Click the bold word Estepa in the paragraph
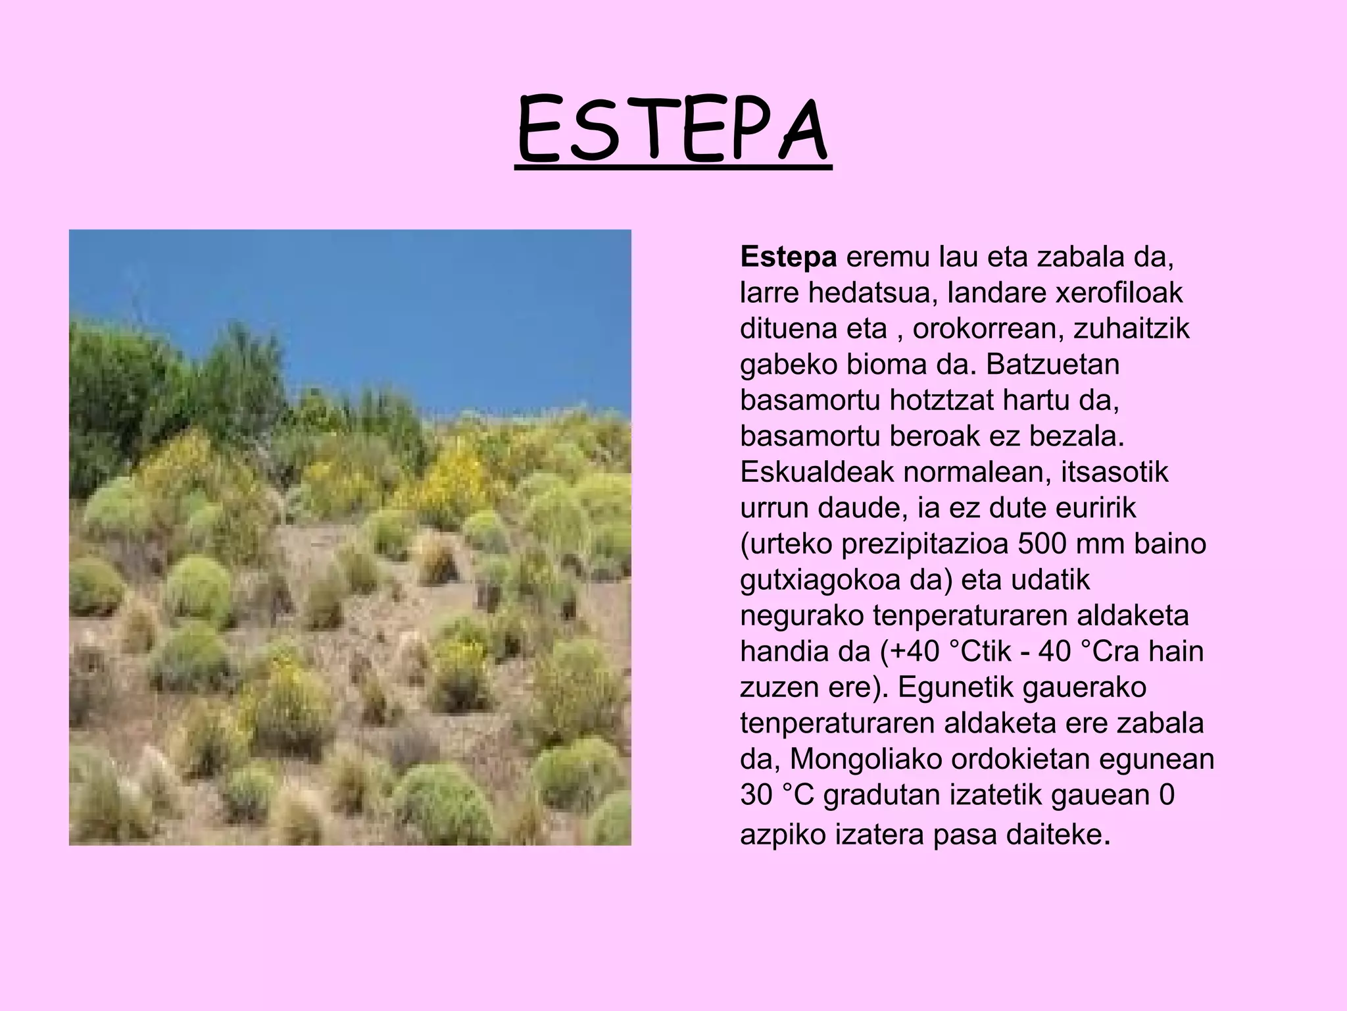788,257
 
